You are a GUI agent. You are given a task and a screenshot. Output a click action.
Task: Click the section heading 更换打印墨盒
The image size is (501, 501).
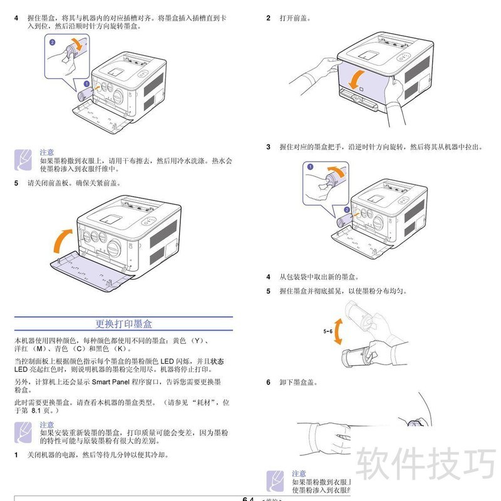click(x=123, y=324)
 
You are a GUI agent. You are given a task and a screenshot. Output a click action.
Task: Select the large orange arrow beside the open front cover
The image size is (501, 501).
click(x=62, y=239)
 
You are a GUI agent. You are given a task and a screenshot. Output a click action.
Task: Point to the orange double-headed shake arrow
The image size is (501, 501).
click(x=338, y=331)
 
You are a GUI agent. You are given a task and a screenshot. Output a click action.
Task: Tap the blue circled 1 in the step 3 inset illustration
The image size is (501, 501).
click(x=309, y=167)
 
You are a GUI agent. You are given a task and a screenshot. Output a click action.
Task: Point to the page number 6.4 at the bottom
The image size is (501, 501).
click(x=247, y=499)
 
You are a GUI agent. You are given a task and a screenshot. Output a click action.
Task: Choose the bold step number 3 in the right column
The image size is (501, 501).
click(x=268, y=147)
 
